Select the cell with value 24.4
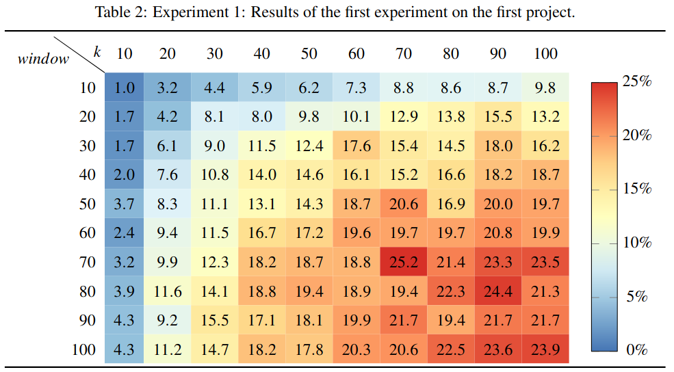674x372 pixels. pos(498,292)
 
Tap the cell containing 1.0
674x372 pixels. pos(125,88)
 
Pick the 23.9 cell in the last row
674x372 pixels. pos(545,350)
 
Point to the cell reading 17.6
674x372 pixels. pos(356,146)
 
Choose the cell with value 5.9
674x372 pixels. pos(261,88)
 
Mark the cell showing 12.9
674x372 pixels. pos(404,117)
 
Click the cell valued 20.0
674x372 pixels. pos(498,204)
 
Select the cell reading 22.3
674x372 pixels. pos(451,292)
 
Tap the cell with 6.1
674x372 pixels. pos(167,146)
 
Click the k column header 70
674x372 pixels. pos(404,53)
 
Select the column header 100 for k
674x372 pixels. pos(545,53)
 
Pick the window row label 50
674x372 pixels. pos(88,204)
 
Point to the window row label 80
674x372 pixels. pos(88,292)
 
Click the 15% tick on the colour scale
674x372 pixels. pos(636,189)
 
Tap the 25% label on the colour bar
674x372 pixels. pos(636,81)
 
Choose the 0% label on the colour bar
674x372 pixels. pos(636,350)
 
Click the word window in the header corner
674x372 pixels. pos(44,59)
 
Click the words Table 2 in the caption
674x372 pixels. pos(118,12)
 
